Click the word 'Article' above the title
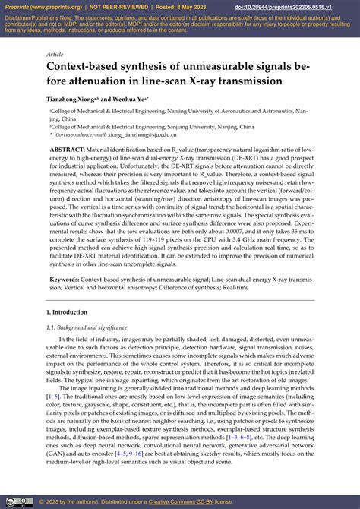(55, 55)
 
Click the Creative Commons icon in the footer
(11, 501)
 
